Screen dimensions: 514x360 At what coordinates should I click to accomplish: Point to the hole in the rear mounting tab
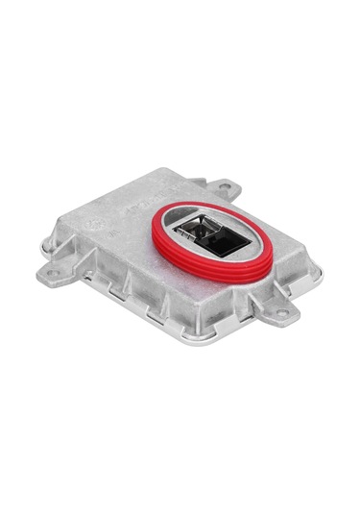point(224,185)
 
